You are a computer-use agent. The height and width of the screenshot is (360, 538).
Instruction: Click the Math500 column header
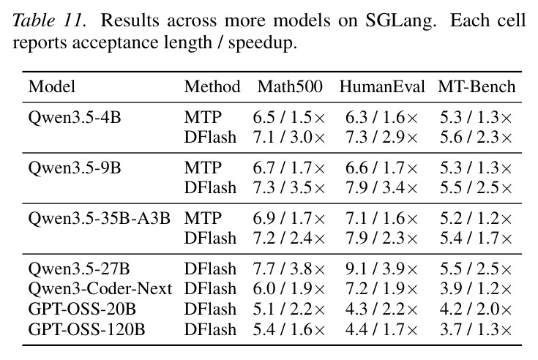[290, 86]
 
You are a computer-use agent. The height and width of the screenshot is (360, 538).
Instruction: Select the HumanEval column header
[382, 86]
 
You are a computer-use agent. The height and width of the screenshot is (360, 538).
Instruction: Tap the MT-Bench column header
[477, 86]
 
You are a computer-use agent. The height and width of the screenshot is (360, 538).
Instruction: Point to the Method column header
[212, 86]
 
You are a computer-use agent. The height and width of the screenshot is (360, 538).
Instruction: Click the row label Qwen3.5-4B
[75, 118]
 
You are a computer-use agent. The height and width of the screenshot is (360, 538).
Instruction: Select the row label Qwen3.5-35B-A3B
[99, 218]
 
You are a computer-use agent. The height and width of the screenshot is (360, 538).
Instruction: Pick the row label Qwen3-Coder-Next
[100, 288]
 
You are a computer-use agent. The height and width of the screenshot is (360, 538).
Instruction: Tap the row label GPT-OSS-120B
[86, 329]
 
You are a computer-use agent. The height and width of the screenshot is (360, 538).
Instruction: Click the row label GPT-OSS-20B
[82, 309]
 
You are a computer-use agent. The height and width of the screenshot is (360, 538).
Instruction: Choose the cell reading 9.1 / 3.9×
[381, 269]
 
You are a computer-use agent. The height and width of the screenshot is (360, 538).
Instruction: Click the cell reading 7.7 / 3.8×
[289, 269]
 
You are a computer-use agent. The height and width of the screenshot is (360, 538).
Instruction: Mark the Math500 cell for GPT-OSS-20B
[289, 310]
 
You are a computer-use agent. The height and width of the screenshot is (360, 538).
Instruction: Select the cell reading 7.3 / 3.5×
[289, 188]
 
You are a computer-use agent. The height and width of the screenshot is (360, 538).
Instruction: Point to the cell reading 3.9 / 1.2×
[476, 289]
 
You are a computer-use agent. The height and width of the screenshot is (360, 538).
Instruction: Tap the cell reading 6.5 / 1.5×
[289, 118]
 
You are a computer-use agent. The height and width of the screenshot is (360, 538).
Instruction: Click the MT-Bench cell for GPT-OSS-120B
[476, 330]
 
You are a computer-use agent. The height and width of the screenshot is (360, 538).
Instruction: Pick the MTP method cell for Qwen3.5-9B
[203, 168]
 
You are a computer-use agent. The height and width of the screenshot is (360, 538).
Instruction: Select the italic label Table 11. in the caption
[49, 20]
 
